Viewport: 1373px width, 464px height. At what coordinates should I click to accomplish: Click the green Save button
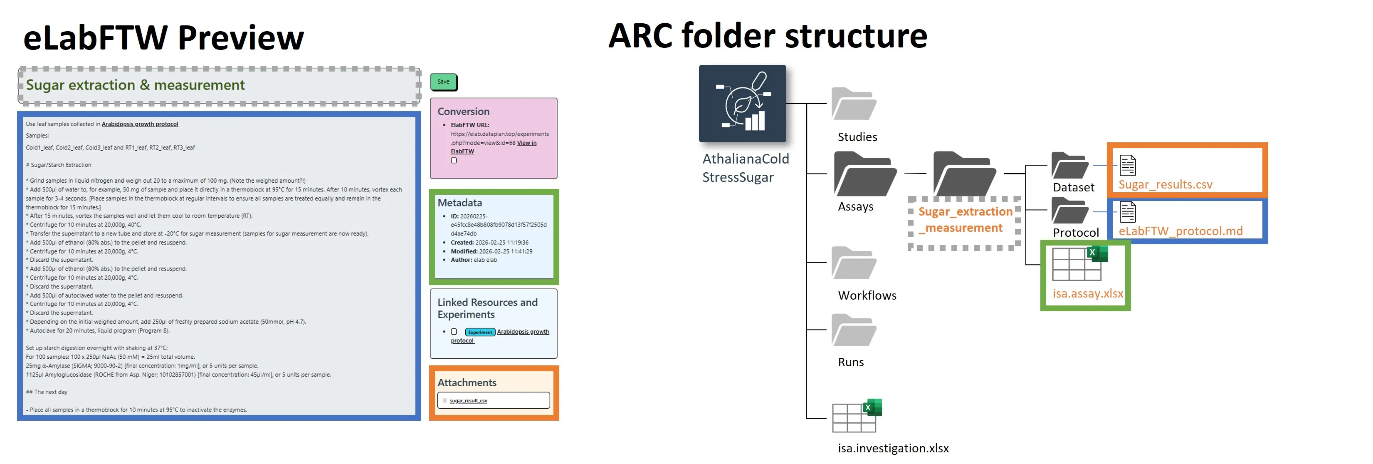point(443,82)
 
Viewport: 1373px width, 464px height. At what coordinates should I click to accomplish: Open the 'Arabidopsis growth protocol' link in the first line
point(140,124)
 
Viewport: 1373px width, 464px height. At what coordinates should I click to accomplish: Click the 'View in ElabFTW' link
point(526,143)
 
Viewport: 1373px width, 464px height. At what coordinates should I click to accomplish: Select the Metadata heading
point(459,203)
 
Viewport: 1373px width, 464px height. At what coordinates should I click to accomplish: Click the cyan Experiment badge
point(480,332)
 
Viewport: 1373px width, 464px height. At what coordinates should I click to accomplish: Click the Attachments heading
point(467,382)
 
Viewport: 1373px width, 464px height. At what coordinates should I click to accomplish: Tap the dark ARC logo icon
point(742,104)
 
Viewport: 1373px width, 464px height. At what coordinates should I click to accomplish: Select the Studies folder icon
point(853,104)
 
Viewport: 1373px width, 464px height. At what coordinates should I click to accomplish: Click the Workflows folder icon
point(853,263)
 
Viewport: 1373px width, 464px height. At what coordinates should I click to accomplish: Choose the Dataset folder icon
point(1069,166)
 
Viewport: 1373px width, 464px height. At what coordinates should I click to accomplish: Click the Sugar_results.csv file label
point(1165,184)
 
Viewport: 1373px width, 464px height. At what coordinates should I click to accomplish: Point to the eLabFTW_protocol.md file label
point(1180,231)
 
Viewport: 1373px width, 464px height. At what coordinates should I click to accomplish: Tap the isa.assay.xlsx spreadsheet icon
point(1079,263)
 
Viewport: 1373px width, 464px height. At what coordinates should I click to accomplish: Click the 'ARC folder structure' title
point(767,36)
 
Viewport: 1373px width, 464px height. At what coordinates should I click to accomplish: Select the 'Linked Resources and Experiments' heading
point(487,308)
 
